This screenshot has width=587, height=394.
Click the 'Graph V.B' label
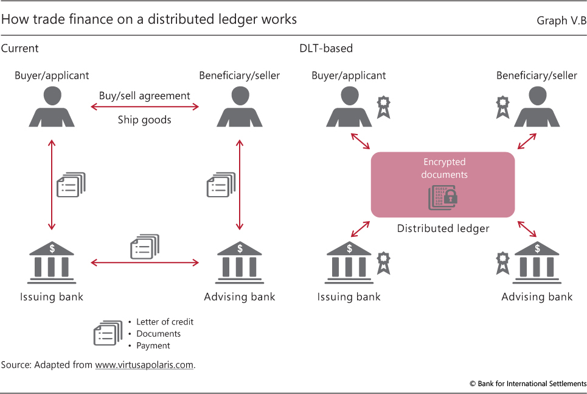(x=561, y=20)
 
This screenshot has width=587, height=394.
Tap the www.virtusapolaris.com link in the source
(x=144, y=365)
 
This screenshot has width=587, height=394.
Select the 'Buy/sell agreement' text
(x=145, y=96)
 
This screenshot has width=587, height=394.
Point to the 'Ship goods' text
(x=145, y=119)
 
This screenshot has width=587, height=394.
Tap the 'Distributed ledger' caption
(x=443, y=228)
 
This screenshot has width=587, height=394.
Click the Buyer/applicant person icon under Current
(x=51, y=107)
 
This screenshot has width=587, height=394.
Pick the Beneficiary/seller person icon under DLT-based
(x=537, y=107)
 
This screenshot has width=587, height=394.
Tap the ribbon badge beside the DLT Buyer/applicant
(x=384, y=106)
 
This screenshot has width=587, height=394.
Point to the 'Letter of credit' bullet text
(x=165, y=322)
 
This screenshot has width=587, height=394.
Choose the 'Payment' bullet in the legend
(x=153, y=345)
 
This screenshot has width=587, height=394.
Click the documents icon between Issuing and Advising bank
(x=145, y=247)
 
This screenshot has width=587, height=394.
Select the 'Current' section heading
(x=20, y=48)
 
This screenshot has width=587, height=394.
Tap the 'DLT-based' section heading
(x=325, y=48)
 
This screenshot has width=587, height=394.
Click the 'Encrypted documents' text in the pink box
(x=444, y=168)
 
